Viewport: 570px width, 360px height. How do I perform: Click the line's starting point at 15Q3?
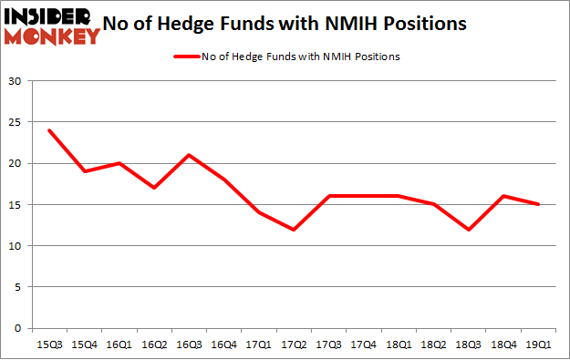click(48, 130)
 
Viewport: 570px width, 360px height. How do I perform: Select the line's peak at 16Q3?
click(183, 155)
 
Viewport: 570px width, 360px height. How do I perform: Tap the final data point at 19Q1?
click(539, 204)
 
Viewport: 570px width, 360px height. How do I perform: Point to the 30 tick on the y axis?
click(16, 81)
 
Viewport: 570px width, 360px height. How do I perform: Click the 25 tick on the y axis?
click(16, 122)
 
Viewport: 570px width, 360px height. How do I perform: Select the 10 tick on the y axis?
click(16, 246)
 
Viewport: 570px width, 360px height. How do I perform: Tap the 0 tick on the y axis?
click(19, 328)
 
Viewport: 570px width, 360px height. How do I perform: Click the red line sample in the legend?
click(185, 57)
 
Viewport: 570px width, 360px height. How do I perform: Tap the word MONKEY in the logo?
click(52, 37)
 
